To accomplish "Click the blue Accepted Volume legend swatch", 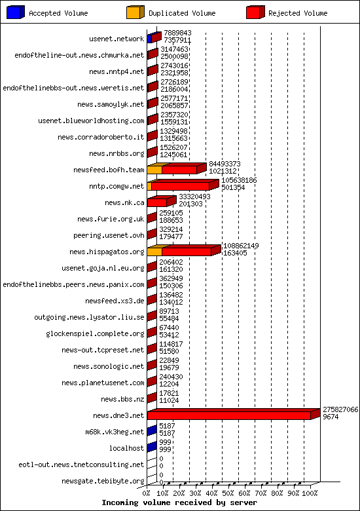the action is [16, 12].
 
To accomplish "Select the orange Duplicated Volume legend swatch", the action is [135, 12].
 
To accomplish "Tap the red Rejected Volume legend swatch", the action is [255, 12].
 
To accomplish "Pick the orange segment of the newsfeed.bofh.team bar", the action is [154, 170].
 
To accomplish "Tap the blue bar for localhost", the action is [152, 447].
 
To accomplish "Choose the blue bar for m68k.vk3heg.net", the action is [152, 430].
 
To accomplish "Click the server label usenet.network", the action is [117, 39].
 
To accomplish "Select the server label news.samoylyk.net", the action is [111, 104].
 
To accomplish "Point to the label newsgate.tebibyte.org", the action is [103, 481].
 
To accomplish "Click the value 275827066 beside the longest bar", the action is [340, 409].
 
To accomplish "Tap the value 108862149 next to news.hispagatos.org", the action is [241, 246].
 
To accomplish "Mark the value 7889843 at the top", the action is [177, 33].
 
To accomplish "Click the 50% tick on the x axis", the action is [228, 493].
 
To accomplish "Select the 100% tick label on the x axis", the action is [310, 493].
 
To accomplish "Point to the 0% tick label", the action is [147, 493].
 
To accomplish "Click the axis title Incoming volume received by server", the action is [179, 503].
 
